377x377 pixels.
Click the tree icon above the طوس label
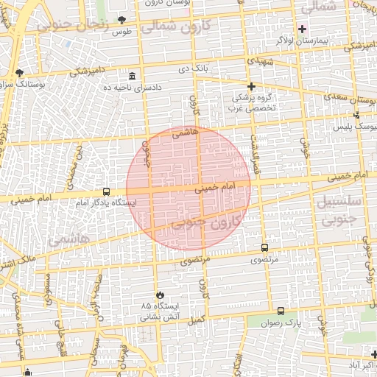coord(121,20)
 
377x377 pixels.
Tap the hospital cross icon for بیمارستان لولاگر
coord(302,29)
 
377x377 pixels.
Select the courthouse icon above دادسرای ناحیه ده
coord(132,77)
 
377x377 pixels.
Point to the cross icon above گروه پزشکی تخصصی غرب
coord(250,86)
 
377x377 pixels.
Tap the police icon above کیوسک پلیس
coord(357,115)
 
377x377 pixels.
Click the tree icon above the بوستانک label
coord(19,73)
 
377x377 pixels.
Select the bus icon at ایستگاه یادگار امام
coord(107,191)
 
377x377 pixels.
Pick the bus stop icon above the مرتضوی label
coord(264,248)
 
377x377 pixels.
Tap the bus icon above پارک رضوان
coord(281,311)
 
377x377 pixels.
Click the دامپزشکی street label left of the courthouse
coord(89,71)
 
